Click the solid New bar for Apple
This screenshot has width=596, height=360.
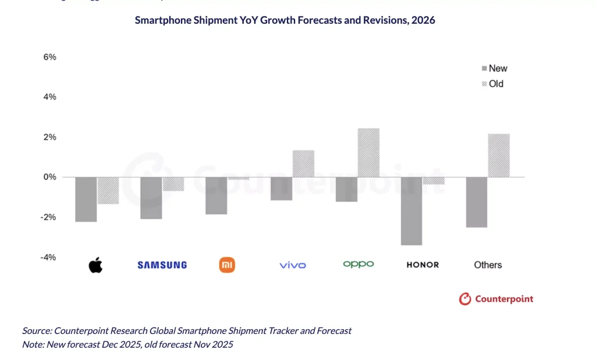86,199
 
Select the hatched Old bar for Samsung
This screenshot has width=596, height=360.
173,184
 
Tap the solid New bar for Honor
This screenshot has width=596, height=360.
411,211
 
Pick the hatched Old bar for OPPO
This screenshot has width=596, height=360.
368,152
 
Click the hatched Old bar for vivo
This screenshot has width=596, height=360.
303,163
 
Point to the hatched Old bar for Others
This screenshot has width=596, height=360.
499,155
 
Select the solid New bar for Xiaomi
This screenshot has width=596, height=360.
217,195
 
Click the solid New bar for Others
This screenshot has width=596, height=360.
477,202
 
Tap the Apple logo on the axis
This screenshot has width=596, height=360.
95,265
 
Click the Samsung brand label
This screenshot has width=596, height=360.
162,265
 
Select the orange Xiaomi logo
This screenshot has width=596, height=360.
226,265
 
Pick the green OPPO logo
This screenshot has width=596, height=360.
359,264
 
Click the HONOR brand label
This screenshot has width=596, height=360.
423,265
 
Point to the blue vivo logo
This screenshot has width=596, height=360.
292,265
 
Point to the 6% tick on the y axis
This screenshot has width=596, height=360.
49,57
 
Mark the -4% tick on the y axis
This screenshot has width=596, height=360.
48,257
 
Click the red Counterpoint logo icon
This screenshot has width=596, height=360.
464,299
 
